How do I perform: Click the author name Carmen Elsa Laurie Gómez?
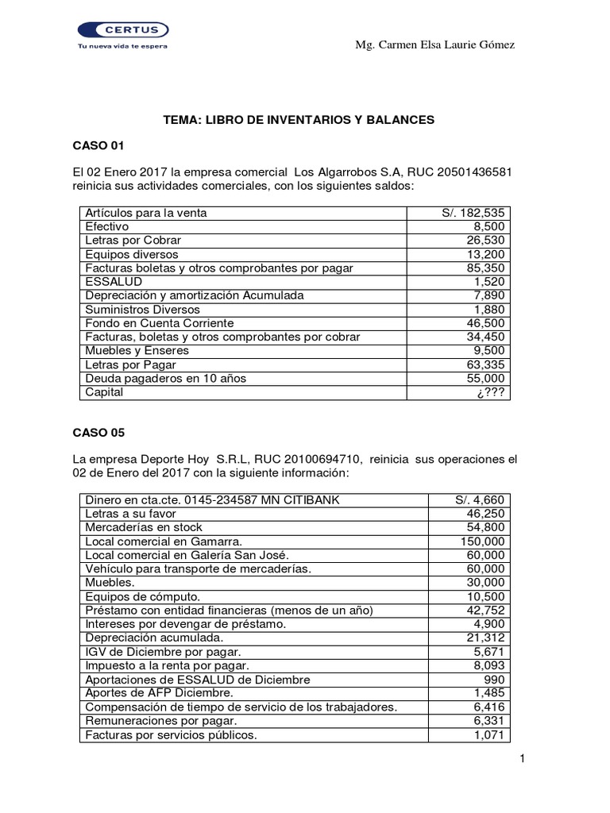point(434,44)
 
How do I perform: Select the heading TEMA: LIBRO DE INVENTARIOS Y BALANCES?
point(299,120)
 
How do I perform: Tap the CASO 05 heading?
point(98,433)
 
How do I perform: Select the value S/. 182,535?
point(474,214)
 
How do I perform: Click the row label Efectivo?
point(107,227)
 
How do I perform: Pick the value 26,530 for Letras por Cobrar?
point(487,241)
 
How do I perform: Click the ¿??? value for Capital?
point(492,392)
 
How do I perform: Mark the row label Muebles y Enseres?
point(137,351)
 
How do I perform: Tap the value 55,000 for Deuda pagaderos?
point(487,379)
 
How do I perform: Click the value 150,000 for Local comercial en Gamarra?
point(484,541)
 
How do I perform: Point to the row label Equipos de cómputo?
point(142,597)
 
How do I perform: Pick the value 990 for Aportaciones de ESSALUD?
point(495,680)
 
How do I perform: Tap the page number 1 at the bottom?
point(523,760)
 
